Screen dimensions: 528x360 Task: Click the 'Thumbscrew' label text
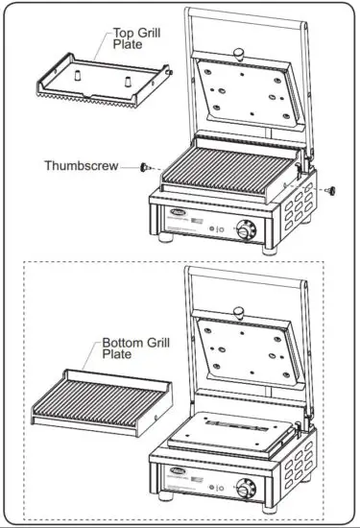pos(81,165)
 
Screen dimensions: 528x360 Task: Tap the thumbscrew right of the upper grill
pos(331,189)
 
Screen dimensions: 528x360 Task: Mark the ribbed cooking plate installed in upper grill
pos(226,176)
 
